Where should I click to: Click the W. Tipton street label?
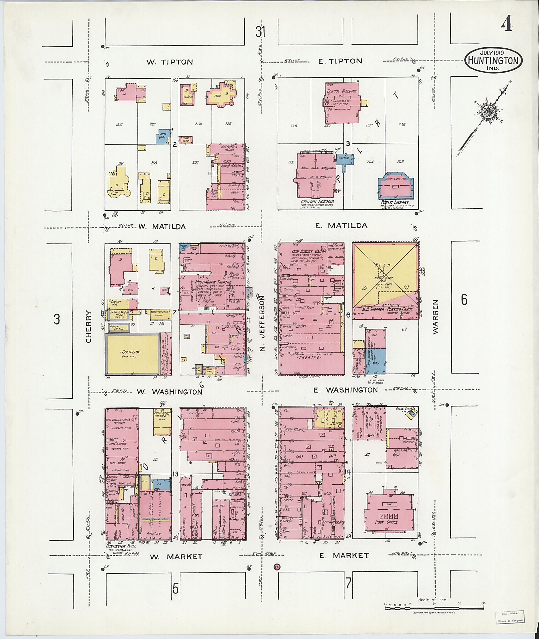coord(169,62)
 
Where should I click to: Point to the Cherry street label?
coord(89,326)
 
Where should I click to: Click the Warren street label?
coord(436,316)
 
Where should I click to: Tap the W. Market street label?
coord(176,557)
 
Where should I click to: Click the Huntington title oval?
coord(493,61)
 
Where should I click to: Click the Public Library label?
coord(395,203)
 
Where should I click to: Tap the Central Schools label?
coord(317,202)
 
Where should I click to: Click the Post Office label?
coord(386,522)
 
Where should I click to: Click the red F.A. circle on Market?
coord(277,567)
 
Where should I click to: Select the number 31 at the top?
coord(260,32)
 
